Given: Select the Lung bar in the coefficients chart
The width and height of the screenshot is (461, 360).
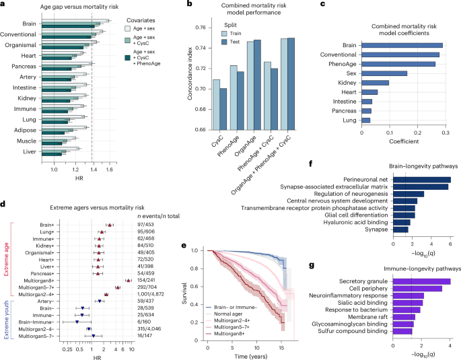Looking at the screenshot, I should [x=366, y=120].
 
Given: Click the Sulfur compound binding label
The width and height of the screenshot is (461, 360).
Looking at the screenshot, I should [x=355, y=332].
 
